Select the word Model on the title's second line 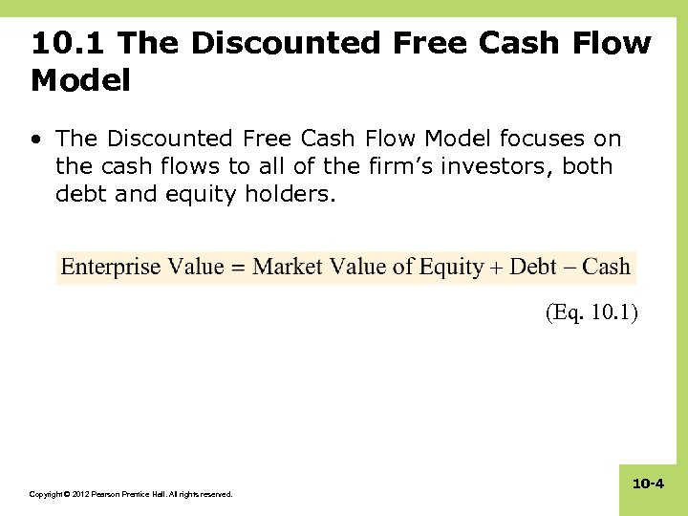tap(80, 81)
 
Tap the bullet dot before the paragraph tap(36, 140)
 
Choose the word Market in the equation tap(288, 267)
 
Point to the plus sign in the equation tap(497, 268)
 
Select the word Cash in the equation tap(607, 267)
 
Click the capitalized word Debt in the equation tap(533, 267)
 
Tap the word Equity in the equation tap(452, 267)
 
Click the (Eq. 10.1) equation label tap(591, 312)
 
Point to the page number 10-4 tap(648, 484)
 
